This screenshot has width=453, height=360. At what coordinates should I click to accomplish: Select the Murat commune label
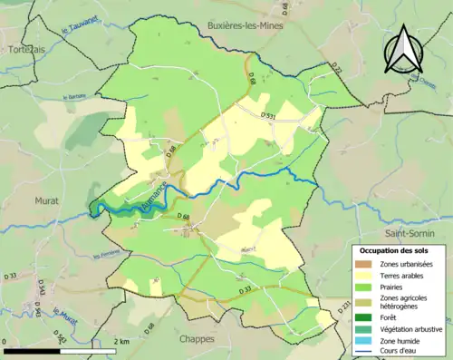point(46,199)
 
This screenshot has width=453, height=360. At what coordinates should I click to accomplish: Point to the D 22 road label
point(338,70)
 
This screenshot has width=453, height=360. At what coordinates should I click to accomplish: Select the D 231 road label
point(342,310)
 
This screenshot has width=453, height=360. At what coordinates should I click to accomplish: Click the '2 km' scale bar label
point(120,342)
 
